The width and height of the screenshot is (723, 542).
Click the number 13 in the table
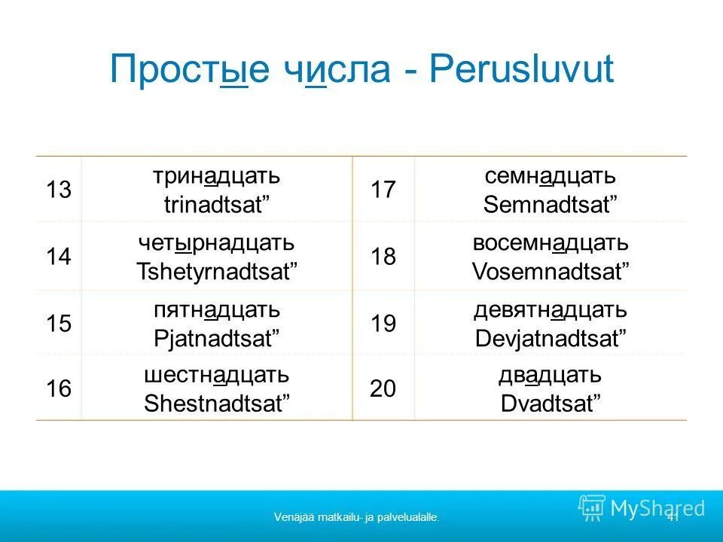58,190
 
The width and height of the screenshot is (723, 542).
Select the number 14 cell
58,257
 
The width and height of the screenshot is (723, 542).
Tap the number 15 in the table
58,324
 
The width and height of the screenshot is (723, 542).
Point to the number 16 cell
58,389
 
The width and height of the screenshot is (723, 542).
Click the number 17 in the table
383,190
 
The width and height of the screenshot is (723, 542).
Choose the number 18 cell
383,257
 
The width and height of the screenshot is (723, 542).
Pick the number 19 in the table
383,324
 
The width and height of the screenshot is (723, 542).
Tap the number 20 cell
383,389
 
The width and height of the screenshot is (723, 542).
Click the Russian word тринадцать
217,177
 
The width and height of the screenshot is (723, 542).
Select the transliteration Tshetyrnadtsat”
217,271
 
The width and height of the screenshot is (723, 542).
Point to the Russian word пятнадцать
217,309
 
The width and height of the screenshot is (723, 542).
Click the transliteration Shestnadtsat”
217,403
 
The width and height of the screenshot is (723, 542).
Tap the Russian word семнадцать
551,177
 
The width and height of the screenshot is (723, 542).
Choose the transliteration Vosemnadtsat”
551,271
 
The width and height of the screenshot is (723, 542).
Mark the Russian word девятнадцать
551,309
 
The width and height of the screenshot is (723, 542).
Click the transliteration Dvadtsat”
551,403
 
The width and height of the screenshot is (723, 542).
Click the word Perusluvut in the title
522,71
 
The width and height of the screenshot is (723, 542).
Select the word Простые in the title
189,71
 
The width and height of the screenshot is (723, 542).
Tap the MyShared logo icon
592,508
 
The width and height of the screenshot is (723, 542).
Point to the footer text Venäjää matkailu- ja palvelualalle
357,517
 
